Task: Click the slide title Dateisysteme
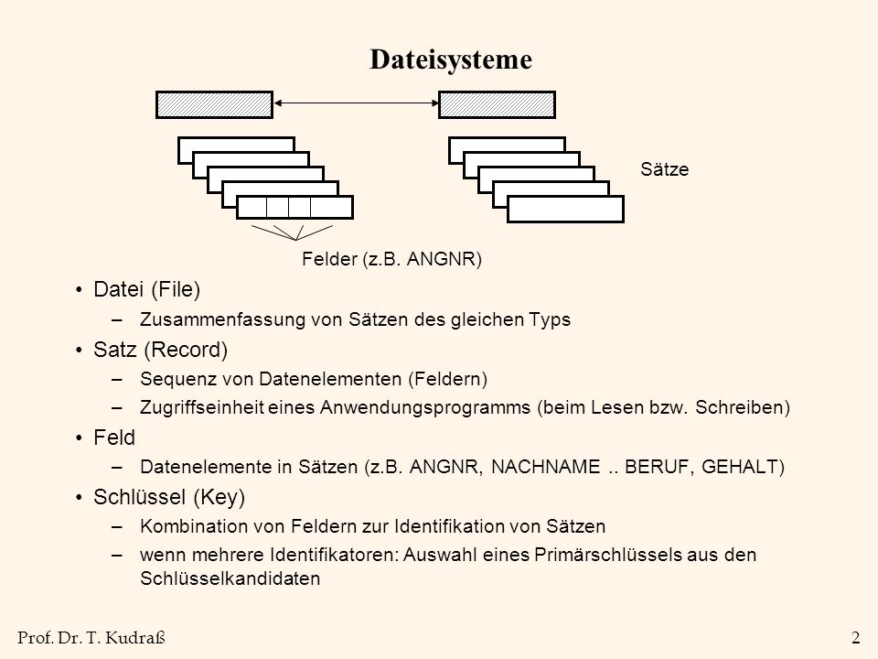pos(451,59)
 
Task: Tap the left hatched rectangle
pos(214,104)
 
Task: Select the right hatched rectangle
pos(497,104)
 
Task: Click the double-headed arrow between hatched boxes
pos(356,103)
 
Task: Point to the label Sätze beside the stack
pos(665,169)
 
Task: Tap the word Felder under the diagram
pos(329,259)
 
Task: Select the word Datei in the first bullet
pos(119,289)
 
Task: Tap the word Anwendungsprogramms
pos(425,407)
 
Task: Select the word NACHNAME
pos(545,467)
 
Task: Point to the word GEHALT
pos(739,467)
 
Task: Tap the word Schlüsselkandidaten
pos(230,578)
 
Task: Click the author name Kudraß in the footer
pos(135,638)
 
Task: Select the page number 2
pos(856,638)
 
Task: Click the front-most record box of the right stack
pos(565,209)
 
